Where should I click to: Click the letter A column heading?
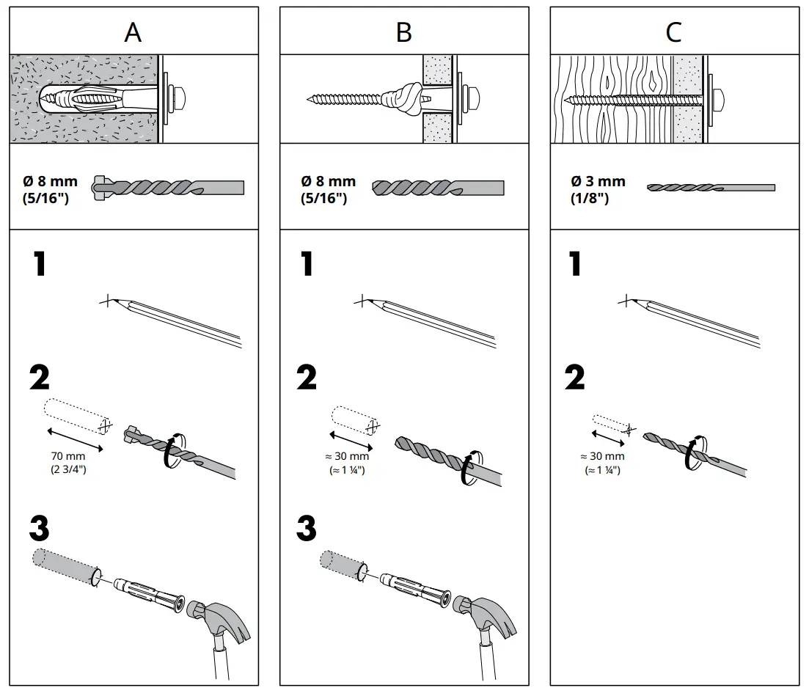(x=133, y=32)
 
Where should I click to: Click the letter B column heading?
(x=403, y=32)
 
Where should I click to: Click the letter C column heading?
(x=673, y=32)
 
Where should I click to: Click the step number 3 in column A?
(x=40, y=528)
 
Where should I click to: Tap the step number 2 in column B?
(x=307, y=378)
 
